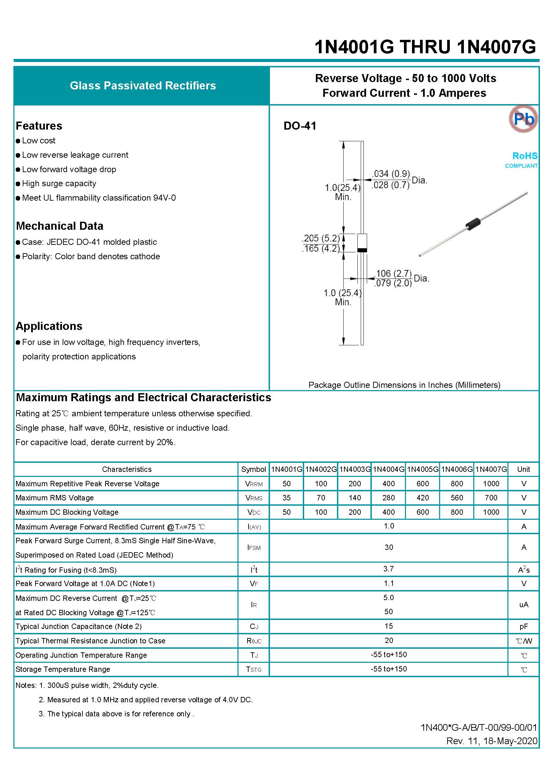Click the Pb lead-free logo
point(523,119)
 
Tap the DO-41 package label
point(300,126)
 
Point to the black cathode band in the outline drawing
point(362,250)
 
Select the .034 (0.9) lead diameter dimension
point(391,173)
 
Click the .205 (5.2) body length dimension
point(321,238)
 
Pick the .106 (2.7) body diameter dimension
point(393,273)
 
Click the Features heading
point(39,126)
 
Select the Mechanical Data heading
point(60,226)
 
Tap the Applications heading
point(49,326)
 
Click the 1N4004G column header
point(389,469)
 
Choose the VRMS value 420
point(423,498)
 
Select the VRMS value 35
point(287,498)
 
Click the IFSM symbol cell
point(254,547)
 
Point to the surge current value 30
point(389,547)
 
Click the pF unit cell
point(524,627)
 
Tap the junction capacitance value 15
point(389,626)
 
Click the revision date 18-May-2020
point(510,741)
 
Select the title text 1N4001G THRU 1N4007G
point(425,47)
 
